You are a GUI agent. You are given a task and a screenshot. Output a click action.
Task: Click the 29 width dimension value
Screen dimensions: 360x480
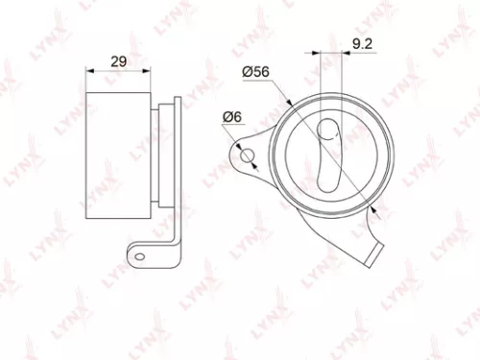tap(119, 61)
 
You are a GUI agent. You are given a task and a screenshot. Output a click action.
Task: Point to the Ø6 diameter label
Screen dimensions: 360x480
tap(231, 117)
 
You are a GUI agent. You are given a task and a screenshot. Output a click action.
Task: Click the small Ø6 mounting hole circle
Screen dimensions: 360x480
tap(247, 156)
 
